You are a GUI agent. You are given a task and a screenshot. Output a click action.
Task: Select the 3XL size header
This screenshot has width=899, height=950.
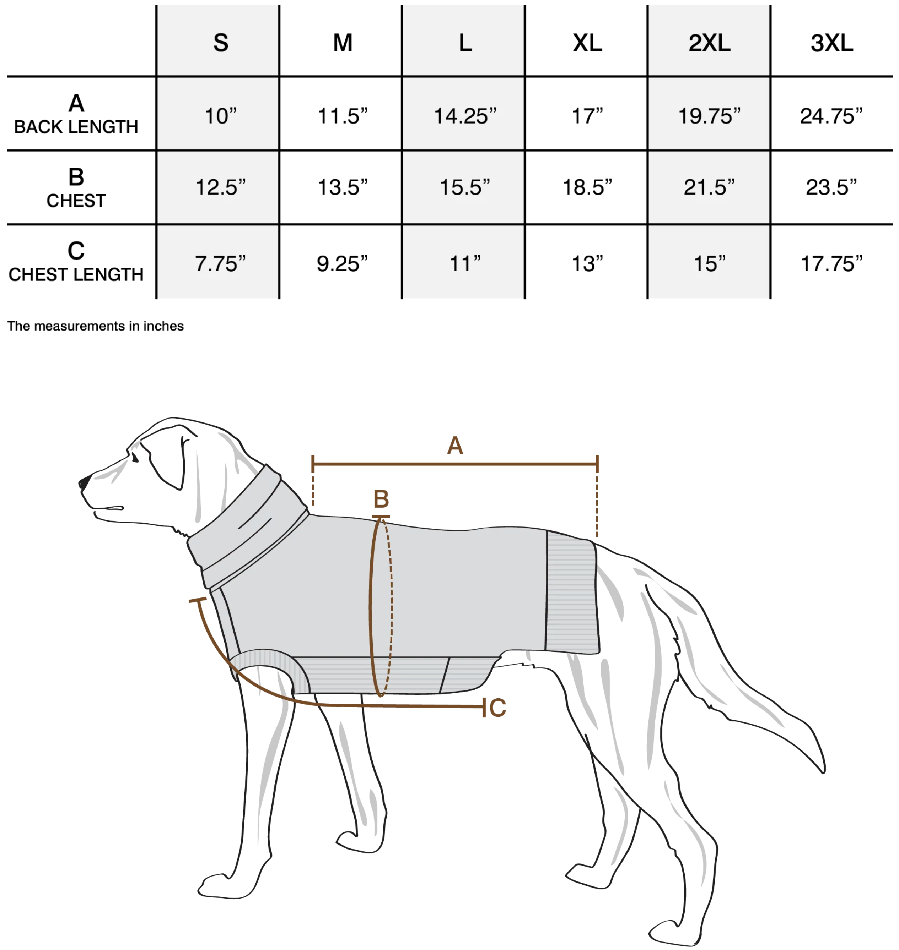[831, 43]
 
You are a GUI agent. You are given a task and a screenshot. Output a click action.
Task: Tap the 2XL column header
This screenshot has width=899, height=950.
[709, 43]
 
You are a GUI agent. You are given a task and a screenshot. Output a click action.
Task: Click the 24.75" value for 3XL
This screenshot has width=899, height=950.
[831, 116]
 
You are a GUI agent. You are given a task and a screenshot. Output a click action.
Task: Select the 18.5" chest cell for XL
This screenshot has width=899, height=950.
[587, 187]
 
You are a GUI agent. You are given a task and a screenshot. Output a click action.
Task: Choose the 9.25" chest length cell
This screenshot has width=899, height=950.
[342, 264]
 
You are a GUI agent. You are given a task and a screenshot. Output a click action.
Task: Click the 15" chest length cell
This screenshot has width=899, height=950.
[710, 264]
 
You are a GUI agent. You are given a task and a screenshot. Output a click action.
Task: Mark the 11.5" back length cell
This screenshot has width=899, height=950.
[343, 116]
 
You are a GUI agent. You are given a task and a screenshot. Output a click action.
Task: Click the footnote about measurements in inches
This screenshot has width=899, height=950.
[95, 326]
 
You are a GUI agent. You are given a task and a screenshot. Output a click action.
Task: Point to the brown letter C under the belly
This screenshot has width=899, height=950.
[497, 708]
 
